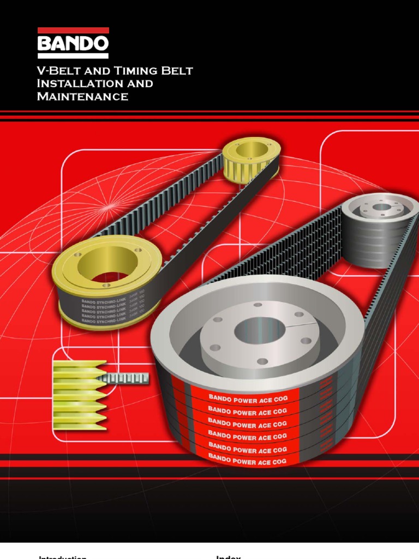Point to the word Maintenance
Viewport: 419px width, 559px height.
pyautogui.click(x=82, y=97)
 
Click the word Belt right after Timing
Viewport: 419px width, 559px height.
pyautogui.click(x=175, y=71)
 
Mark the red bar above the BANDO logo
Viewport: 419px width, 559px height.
pyautogui.click(x=73, y=31)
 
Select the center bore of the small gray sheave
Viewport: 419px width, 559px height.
pyautogui.click(x=382, y=207)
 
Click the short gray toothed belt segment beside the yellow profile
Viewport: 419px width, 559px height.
pyautogui.click(x=129, y=378)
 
